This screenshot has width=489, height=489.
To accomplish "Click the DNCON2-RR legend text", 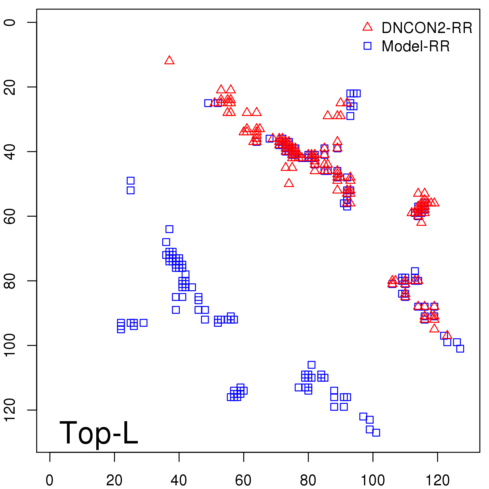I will (x=427, y=28).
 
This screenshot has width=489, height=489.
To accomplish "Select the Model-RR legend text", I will (x=416, y=46).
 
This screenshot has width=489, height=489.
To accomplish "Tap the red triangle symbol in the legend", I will (x=367, y=27).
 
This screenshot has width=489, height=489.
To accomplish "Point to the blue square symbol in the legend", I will (x=367, y=46).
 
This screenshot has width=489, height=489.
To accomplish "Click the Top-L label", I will (x=98, y=433).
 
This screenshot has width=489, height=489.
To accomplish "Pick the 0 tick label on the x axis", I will (x=50, y=480).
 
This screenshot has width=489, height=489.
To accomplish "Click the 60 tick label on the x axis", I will (x=244, y=480).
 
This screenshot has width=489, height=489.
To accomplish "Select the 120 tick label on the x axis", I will (x=437, y=480).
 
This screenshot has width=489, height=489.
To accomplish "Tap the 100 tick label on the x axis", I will (x=373, y=480).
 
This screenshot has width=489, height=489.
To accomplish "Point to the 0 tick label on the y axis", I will (x=10, y=22).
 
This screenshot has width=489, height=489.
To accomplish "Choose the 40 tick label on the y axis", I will (x=10, y=152).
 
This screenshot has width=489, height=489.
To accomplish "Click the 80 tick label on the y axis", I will (x=10, y=281).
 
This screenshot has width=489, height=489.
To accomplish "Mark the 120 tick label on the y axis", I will (x=10, y=410).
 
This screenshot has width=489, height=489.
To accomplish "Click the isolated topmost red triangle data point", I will (x=169, y=61).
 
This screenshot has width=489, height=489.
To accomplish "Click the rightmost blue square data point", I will (x=460, y=348).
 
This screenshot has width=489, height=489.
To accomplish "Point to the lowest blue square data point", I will (x=376, y=432).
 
